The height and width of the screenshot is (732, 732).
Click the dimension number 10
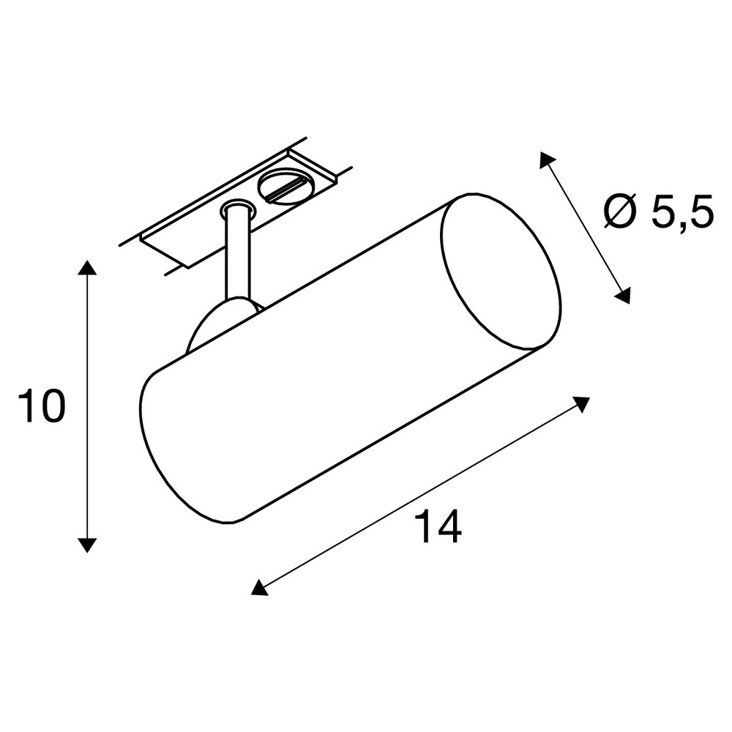(42, 406)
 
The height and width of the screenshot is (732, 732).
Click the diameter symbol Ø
(621, 212)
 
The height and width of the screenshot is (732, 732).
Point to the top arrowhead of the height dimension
(87, 268)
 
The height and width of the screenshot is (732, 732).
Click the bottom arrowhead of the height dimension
(87, 545)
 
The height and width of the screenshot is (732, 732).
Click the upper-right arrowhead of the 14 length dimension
(582, 403)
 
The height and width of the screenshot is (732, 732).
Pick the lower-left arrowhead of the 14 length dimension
(259, 587)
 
